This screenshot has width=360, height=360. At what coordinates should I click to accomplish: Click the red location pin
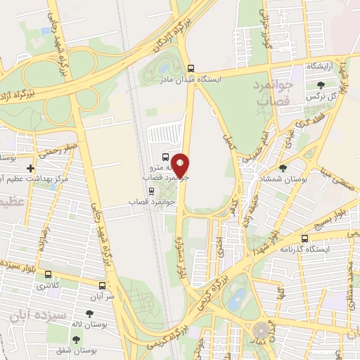(181, 165)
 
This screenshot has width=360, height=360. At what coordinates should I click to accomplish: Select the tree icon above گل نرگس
(321, 85)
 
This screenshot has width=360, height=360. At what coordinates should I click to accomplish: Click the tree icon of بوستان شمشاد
(283, 169)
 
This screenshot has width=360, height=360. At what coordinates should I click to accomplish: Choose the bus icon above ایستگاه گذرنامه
(304, 239)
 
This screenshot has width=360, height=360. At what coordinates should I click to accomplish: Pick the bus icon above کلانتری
(48, 275)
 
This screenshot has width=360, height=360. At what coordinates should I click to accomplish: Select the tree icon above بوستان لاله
(89, 314)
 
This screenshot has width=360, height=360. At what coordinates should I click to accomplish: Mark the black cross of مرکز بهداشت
(30, 169)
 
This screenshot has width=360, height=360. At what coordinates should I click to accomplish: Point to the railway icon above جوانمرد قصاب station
(149, 191)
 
